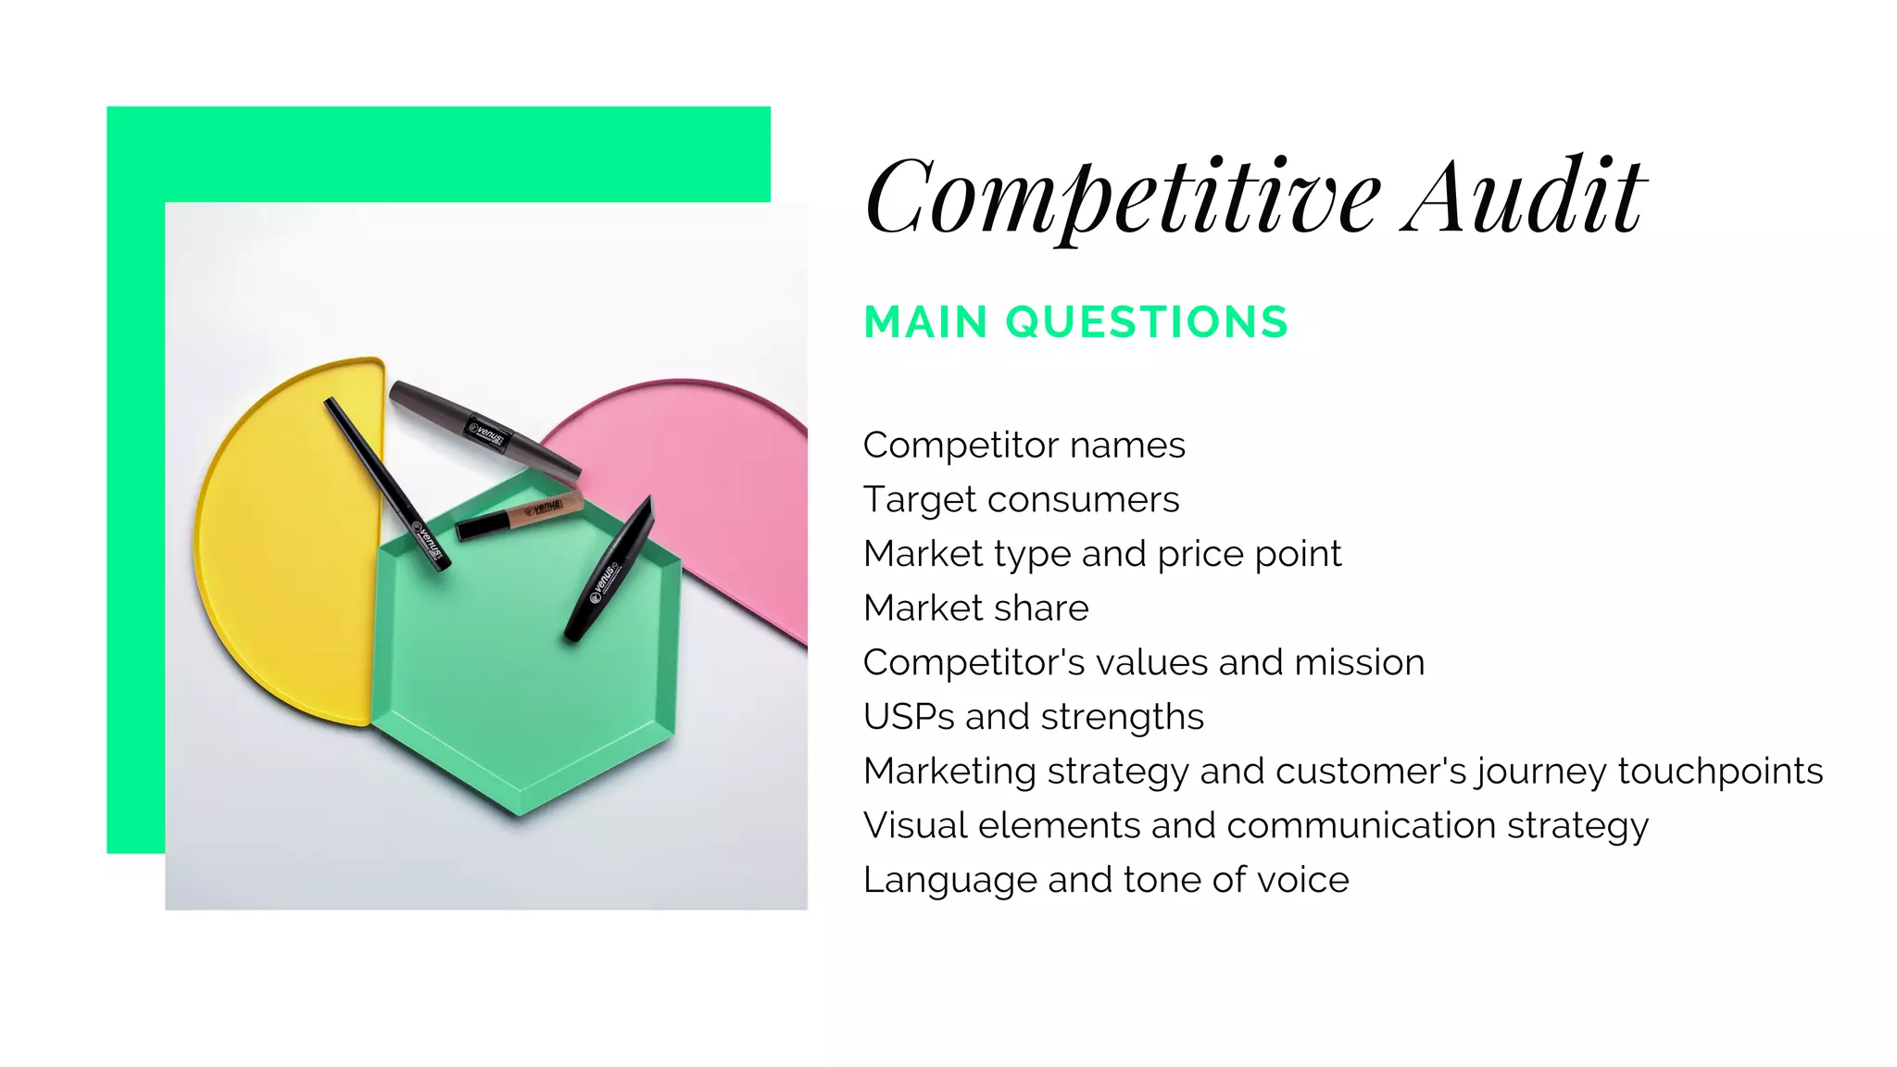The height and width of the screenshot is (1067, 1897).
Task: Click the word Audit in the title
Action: point(1523,197)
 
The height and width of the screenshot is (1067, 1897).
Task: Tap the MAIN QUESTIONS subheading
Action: point(1075,322)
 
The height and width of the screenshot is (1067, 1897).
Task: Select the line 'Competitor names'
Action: point(1024,446)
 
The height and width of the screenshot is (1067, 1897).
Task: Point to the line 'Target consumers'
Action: point(1021,500)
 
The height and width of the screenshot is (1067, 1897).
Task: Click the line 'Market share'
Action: point(975,609)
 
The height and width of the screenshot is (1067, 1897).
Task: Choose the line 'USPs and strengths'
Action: point(1033,717)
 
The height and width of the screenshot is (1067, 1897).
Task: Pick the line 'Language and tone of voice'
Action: point(1105,880)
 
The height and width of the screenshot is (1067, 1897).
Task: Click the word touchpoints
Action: point(1720,772)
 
